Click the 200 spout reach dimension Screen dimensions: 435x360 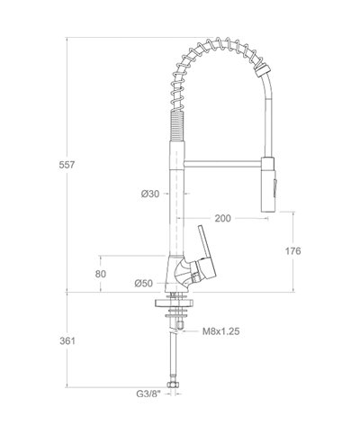[223, 219]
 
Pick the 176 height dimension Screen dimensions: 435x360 [292, 250]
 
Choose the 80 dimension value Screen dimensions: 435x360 [101, 273]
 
